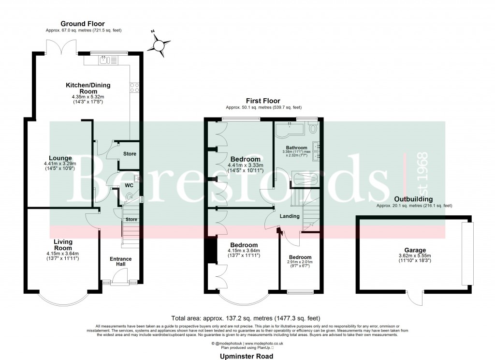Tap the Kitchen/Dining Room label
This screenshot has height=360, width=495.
(88, 88)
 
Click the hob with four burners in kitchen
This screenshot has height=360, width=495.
(134, 88)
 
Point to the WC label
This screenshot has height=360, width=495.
(128, 185)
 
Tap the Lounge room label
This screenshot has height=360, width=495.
(60, 158)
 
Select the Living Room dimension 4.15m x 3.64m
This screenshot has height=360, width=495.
(63, 254)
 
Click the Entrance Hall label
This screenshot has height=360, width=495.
(120, 262)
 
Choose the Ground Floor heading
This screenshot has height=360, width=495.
(82, 24)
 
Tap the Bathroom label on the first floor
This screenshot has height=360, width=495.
(296, 148)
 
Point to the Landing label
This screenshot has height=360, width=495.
(290, 216)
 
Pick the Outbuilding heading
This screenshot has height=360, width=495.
(413, 199)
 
